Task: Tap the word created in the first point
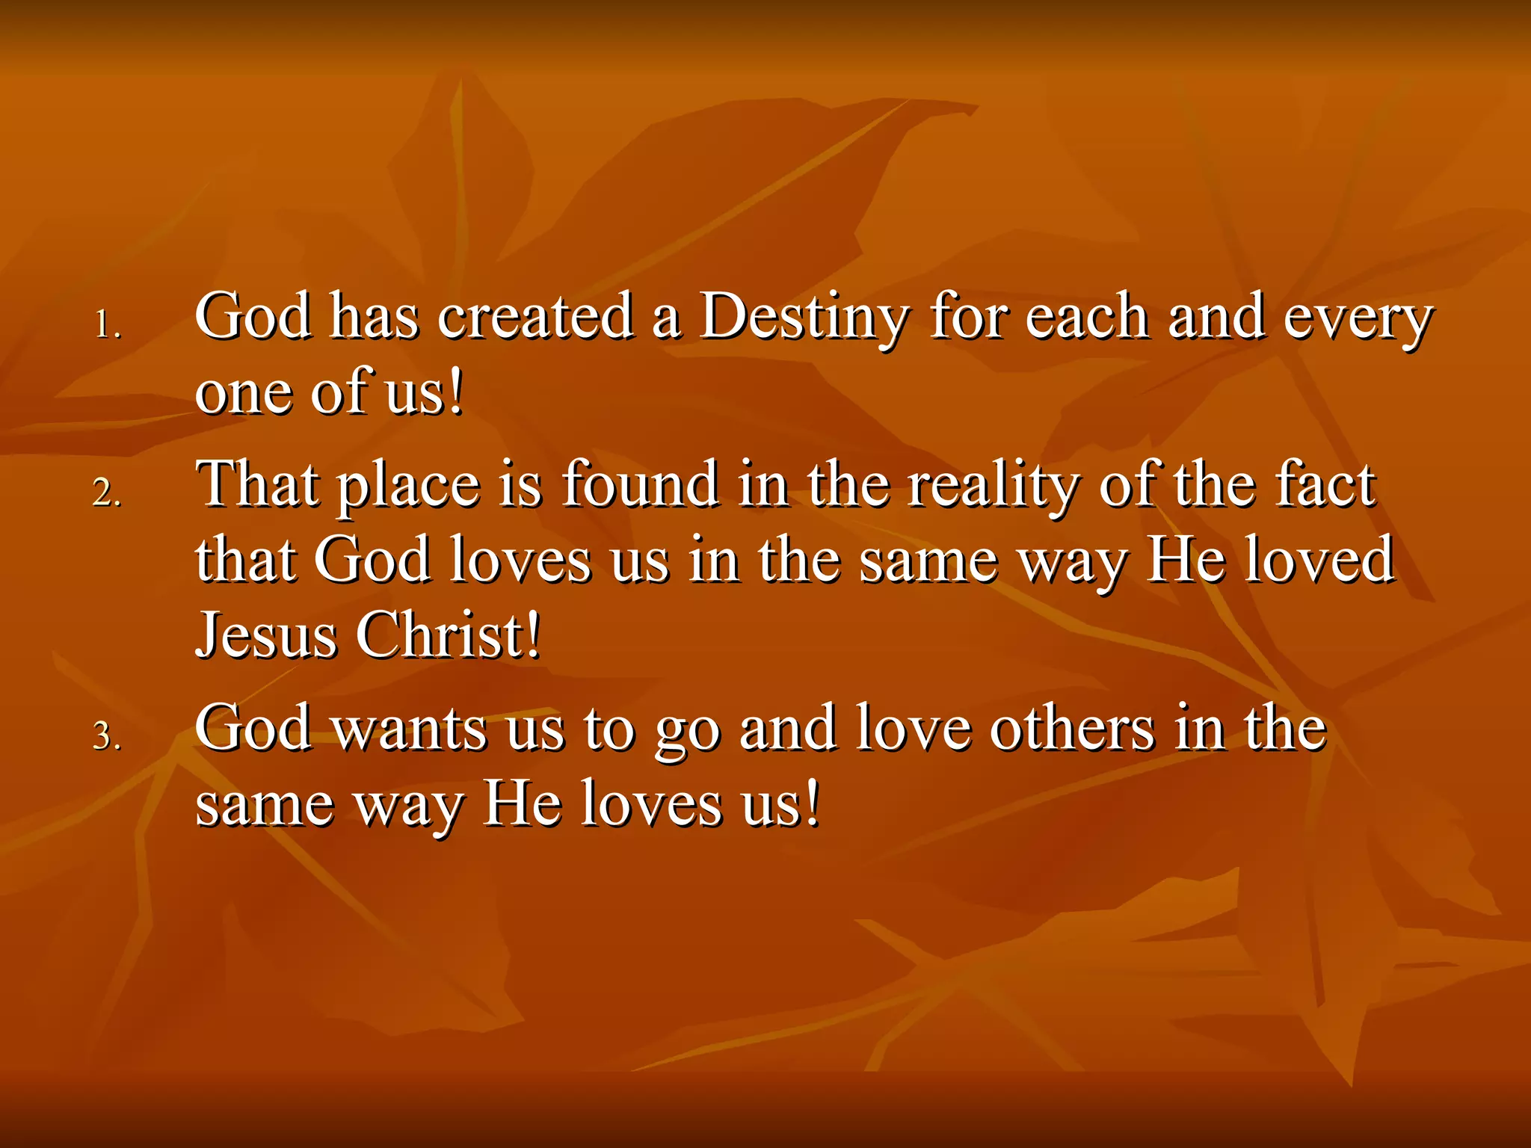pos(535,317)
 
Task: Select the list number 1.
pos(107,325)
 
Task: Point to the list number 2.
pos(107,493)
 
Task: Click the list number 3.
pos(107,736)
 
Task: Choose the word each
pos(1086,317)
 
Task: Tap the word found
pos(641,484)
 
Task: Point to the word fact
pos(1325,484)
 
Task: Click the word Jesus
pos(265,635)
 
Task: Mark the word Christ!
pos(447,635)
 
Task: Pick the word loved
pos(1319,560)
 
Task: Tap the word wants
pos(409,729)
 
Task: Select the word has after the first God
pos(374,317)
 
